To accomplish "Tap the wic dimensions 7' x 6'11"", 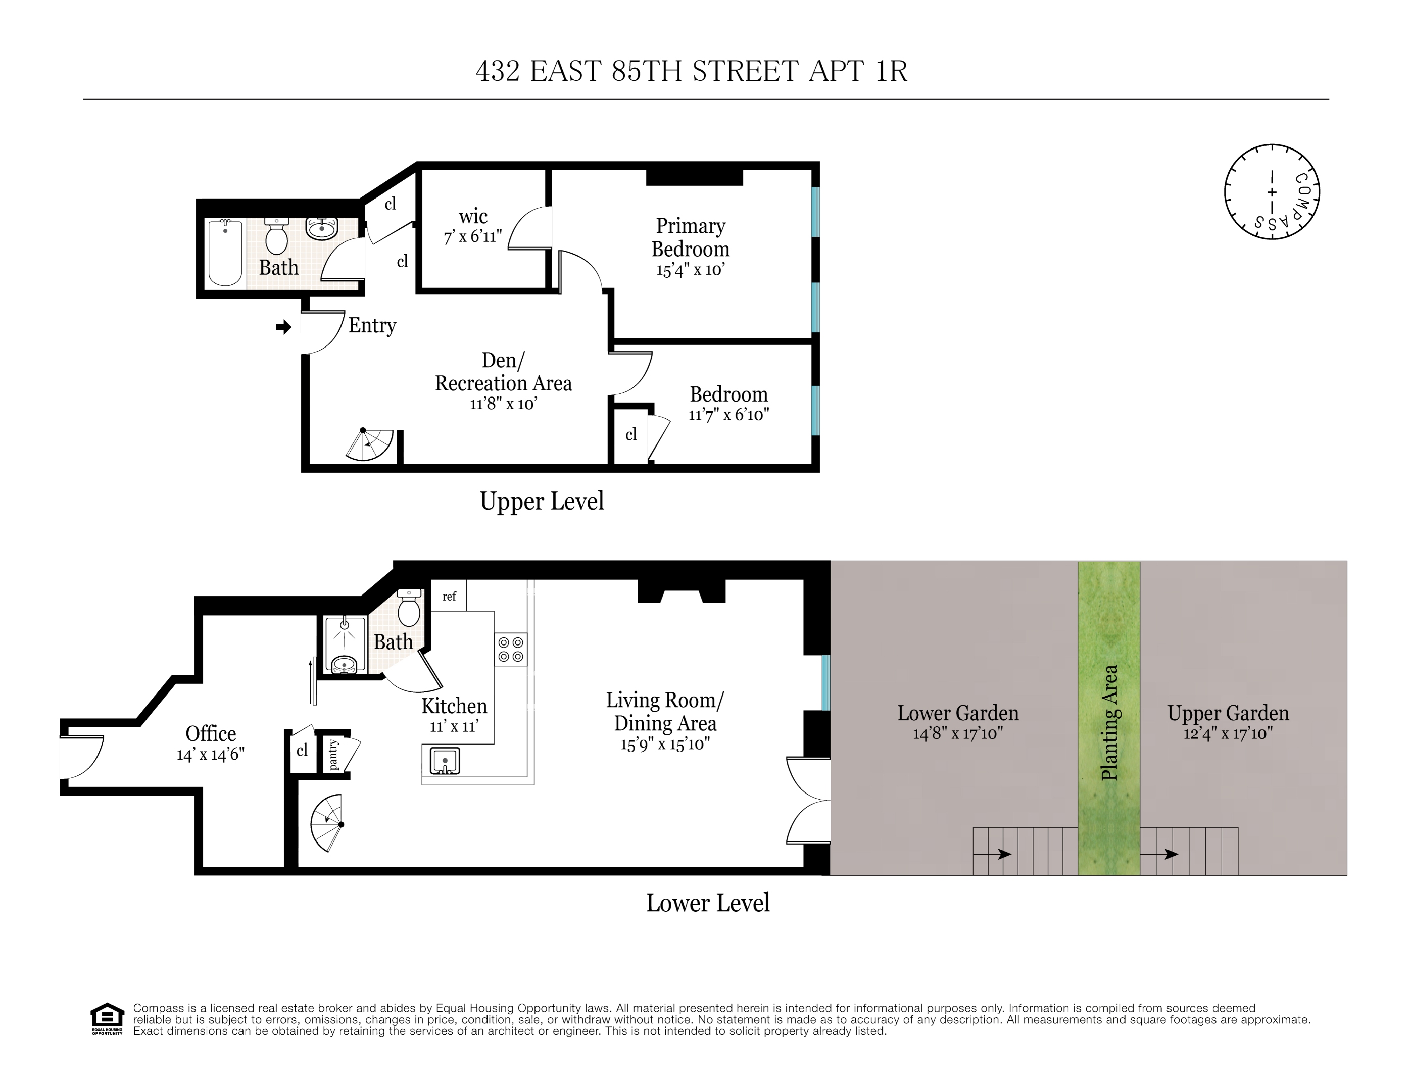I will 472,237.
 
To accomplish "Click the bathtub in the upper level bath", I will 225,253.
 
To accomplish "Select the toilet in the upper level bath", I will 276,236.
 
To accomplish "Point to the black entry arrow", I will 283,327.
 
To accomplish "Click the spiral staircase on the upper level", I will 370,444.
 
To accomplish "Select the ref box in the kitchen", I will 449,596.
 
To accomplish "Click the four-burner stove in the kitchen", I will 510,649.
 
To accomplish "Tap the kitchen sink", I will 445,761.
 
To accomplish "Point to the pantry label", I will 333,755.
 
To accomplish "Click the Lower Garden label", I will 957,713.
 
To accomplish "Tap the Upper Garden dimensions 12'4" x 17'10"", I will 1228,733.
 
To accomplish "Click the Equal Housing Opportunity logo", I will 107,1019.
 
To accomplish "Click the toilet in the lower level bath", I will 409,608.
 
